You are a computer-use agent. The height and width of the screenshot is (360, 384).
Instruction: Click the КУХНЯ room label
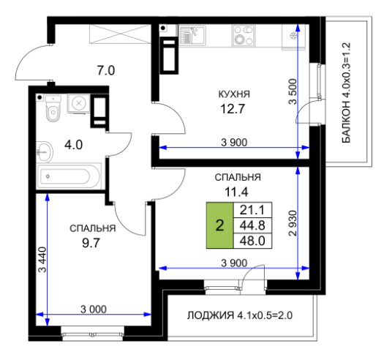234,94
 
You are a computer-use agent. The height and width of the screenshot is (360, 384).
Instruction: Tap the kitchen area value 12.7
233,109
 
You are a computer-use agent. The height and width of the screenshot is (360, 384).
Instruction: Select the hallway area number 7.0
106,70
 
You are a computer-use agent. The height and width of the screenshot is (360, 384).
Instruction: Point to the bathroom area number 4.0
73,145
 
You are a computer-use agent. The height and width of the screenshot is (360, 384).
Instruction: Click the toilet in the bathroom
53,108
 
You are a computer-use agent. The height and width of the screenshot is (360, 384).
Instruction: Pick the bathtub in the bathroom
69,176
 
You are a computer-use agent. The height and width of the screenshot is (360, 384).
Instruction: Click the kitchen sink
192,36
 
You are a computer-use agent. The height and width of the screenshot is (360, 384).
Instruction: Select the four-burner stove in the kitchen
243,36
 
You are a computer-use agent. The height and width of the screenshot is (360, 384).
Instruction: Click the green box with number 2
219,225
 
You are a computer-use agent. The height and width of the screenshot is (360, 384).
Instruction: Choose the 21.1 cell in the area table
252,210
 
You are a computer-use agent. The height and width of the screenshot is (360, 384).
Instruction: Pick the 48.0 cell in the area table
252,241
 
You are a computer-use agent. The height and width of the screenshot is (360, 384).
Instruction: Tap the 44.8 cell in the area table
252,225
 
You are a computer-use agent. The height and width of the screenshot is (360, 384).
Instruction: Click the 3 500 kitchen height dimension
293,91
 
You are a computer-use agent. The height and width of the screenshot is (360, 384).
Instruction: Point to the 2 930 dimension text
293,223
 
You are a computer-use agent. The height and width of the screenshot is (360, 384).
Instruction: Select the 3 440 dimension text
42,260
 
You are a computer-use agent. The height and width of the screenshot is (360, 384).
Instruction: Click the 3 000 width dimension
94,310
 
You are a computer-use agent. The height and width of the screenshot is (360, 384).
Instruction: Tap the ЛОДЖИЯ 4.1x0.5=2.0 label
240,315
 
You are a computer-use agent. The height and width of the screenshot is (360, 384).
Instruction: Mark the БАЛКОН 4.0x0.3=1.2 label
346,93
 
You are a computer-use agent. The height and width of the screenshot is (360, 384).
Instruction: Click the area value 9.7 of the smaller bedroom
91,243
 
